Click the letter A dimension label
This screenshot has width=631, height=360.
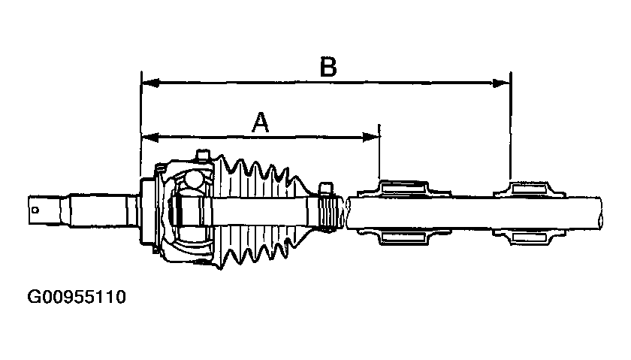(260, 123)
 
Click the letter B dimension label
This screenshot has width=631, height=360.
(328, 68)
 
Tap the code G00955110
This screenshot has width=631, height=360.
(77, 297)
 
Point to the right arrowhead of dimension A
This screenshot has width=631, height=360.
(372, 137)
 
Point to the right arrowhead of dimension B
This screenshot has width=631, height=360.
(502, 82)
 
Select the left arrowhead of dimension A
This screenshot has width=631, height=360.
(149, 137)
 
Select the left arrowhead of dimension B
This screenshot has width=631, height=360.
(149, 82)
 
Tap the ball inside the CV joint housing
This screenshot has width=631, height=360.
(195, 180)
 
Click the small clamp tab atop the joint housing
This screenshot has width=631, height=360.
(200, 156)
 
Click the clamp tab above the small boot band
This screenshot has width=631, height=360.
(325, 186)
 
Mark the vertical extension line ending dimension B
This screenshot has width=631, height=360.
(510, 128)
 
